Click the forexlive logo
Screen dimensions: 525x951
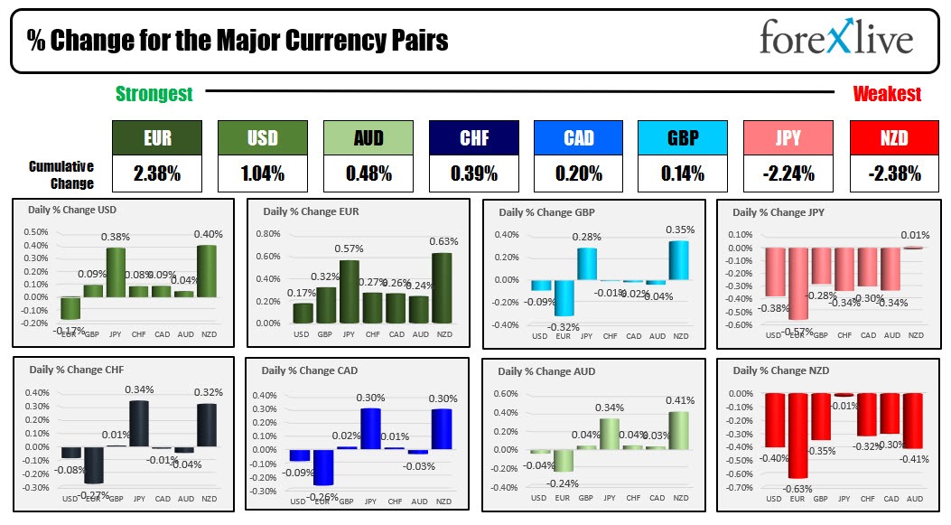pyautogui.click(x=835, y=39)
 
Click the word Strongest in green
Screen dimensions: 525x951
pyautogui.click(x=154, y=94)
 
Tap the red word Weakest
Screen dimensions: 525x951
pyautogui.click(x=887, y=94)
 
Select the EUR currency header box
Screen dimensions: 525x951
pyautogui.click(x=157, y=138)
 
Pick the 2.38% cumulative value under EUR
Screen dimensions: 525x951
pyautogui.click(x=157, y=173)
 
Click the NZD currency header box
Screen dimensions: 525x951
pyautogui.click(x=894, y=138)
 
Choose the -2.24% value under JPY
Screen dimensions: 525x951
pyautogui.click(x=789, y=173)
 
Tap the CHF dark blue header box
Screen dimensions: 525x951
pyautogui.click(x=473, y=138)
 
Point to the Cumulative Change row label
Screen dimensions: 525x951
pyautogui.click(x=61, y=174)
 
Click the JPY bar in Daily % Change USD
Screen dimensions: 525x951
pyautogui.click(x=117, y=272)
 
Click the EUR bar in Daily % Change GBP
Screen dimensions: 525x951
pyautogui.click(x=564, y=297)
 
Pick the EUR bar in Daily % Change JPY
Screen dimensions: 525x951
pyautogui.click(x=797, y=284)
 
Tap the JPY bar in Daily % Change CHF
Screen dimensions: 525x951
pyautogui.click(x=139, y=423)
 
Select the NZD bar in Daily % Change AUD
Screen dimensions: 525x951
pyautogui.click(x=680, y=430)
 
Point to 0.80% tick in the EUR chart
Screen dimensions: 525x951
pyautogui.click(x=268, y=233)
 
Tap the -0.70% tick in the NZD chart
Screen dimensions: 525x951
pyautogui.click(x=740, y=488)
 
